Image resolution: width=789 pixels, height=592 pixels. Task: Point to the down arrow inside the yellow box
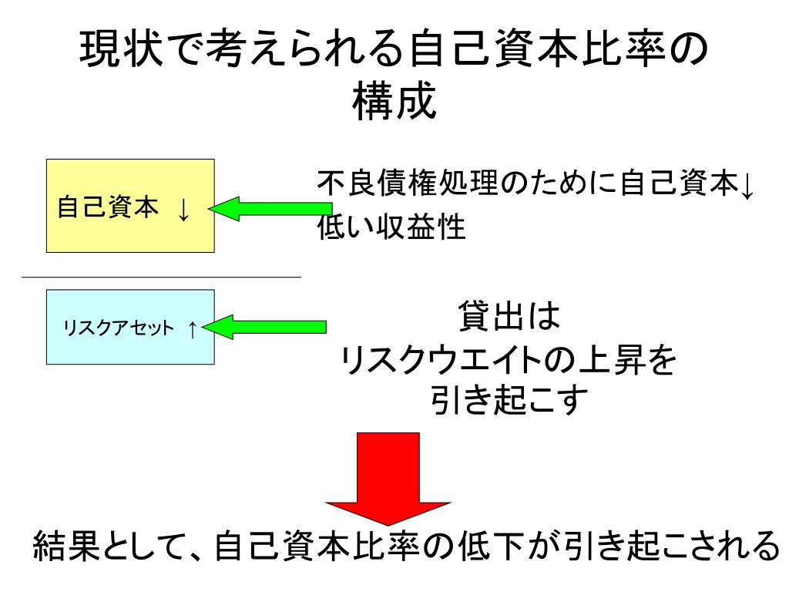[x=183, y=207]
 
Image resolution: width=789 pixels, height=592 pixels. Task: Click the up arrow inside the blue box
[x=192, y=328]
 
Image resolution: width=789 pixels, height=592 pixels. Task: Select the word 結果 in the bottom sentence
[x=62, y=547]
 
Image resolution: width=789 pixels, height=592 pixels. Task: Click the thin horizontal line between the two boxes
[x=161, y=277]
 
